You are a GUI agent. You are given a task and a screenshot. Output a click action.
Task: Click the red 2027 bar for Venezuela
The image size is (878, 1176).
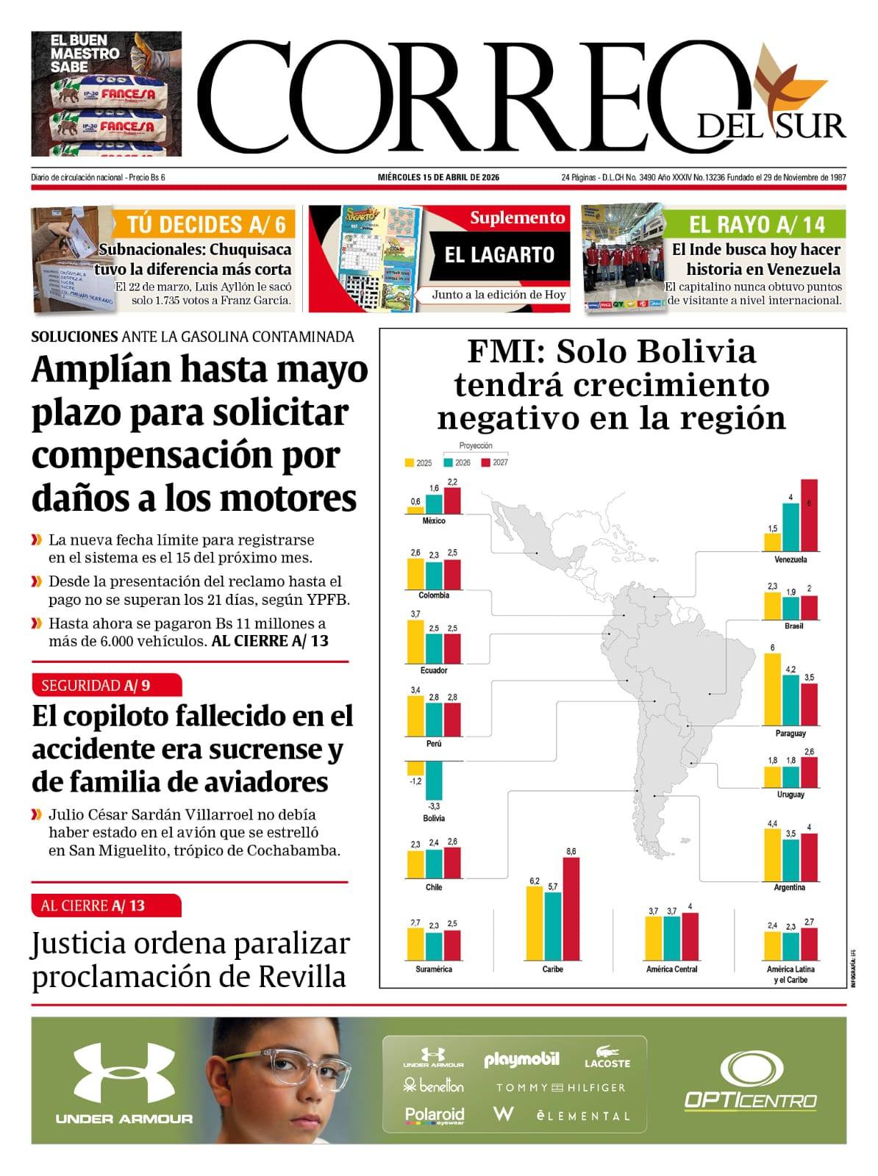[x=809, y=516]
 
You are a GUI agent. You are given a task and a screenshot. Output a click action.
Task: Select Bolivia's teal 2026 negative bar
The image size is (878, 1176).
[x=433, y=781]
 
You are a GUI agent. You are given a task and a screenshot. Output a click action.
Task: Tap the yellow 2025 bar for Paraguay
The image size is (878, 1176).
[x=772, y=689]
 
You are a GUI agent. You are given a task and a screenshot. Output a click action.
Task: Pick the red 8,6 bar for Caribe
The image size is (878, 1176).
[x=571, y=909]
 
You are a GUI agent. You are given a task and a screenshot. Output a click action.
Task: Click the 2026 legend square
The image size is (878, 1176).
[x=448, y=463]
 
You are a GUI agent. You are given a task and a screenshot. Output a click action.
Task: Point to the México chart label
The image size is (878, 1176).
[x=434, y=521]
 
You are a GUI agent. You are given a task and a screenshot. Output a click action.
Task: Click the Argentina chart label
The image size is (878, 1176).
[x=790, y=888]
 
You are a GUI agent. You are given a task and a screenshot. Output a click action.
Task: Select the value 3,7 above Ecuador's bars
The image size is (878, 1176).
[x=415, y=614]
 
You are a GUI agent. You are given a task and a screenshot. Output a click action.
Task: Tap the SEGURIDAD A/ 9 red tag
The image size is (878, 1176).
[x=106, y=686]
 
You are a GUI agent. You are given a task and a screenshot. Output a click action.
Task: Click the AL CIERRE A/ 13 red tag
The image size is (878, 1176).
[x=106, y=906]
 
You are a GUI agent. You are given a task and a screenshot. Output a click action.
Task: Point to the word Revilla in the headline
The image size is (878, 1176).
[x=301, y=978]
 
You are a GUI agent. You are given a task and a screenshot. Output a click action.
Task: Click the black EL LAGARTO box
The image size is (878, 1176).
[x=499, y=255]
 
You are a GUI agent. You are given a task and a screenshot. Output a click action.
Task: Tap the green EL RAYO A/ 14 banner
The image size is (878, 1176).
[x=756, y=224]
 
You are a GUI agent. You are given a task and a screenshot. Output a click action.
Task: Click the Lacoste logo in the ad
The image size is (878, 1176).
[x=607, y=1058]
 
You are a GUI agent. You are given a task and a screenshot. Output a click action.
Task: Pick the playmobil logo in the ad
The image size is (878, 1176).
[x=521, y=1060]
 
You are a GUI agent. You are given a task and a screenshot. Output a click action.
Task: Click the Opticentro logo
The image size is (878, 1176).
[x=751, y=1080]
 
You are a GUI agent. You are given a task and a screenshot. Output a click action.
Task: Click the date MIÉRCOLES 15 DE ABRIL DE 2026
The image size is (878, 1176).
[x=438, y=178]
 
